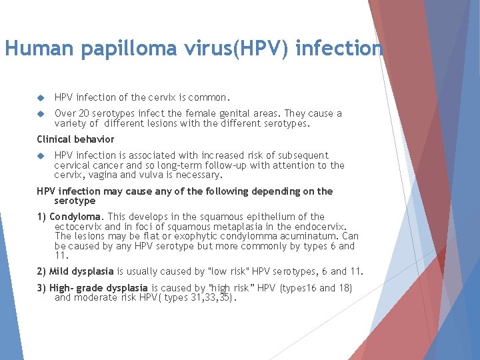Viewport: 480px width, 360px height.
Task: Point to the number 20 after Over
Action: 84,114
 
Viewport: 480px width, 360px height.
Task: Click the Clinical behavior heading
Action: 75,139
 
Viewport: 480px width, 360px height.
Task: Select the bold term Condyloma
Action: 76,217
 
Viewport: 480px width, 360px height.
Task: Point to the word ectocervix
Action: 78,227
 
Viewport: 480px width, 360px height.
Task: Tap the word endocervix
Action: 323,227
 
